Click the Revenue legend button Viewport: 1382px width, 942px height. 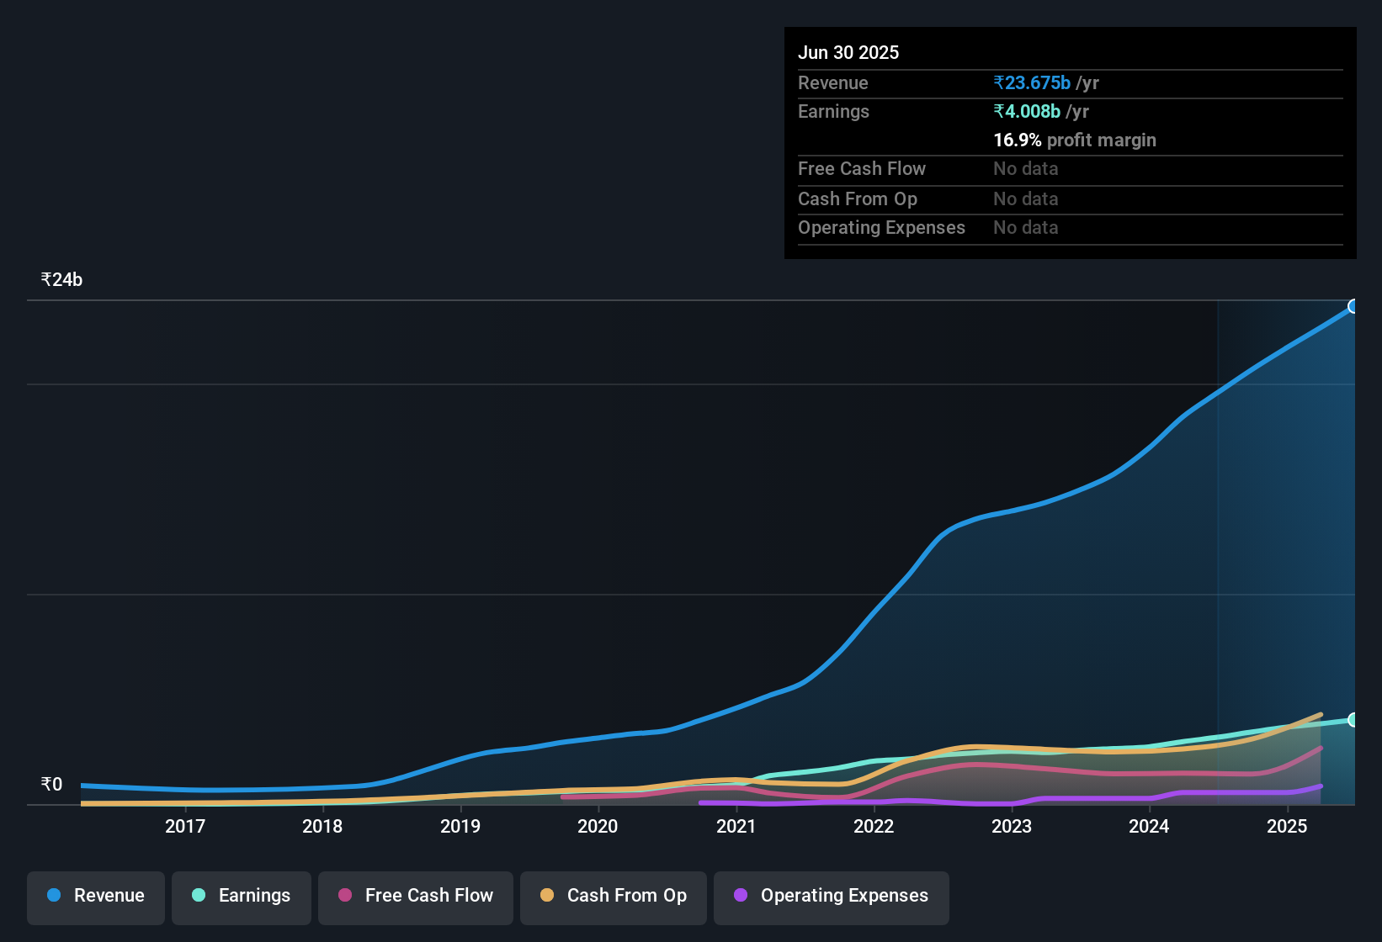point(96,896)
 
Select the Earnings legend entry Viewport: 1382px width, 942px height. point(242,896)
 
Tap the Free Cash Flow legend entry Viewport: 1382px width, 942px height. point(416,896)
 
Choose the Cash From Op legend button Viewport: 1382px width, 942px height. point(614,896)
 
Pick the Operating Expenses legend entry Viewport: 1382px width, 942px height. point(832,896)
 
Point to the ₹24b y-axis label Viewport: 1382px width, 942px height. point(61,280)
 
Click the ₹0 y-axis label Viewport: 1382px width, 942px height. point(52,785)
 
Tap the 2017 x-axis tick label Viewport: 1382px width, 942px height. point(185,826)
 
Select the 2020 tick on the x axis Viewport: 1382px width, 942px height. point(598,826)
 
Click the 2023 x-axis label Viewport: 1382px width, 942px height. point(1011,826)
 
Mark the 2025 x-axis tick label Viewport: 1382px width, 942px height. point(1286,826)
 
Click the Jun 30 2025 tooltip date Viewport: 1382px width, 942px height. point(848,53)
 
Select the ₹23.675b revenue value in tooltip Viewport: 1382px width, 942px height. point(1032,83)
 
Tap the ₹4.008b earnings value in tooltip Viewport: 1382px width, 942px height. point(1027,112)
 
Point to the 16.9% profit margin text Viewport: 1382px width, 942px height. point(1074,140)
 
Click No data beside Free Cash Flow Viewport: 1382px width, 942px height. point(1025,169)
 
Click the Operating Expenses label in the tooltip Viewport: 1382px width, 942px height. point(881,228)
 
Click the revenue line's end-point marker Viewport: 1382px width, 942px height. point(1353,306)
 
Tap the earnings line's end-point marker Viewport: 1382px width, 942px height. point(1353,720)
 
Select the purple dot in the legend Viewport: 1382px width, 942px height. point(741,895)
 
